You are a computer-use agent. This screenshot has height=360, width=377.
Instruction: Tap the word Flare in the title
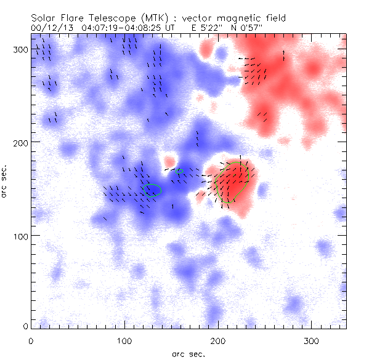pyautogui.click(x=77, y=18)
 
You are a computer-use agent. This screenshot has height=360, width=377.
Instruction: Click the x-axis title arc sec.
pyautogui.click(x=188, y=354)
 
